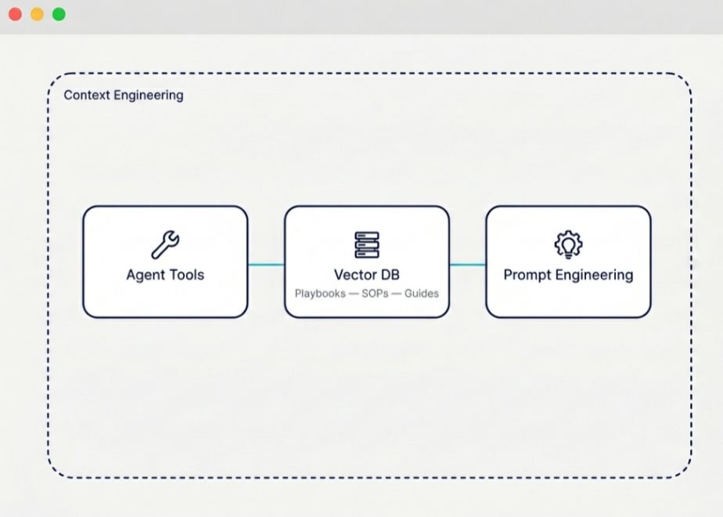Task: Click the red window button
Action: pyautogui.click(x=15, y=14)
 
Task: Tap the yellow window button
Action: pyautogui.click(x=37, y=14)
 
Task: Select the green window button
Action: pyautogui.click(x=59, y=14)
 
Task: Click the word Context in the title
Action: pyautogui.click(x=87, y=95)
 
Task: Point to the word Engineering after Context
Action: pyautogui.click(x=149, y=96)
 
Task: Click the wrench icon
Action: pyautogui.click(x=166, y=244)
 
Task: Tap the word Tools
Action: pyautogui.click(x=185, y=275)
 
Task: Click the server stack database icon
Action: pyautogui.click(x=367, y=244)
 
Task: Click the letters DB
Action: pyautogui.click(x=390, y=275)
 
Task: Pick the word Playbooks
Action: pyautogui.click(x=320, y=294)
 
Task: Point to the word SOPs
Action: pyautogui.click(x=375, y=294)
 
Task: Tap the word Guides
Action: pyautogui.click(x=422, y=294)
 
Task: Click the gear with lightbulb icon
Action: pyautogui.click(x=568, y=244)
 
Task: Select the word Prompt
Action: pyautogui.click(x=527, y=275)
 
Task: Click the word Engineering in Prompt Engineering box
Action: pyautogui.click(x=595, y=276)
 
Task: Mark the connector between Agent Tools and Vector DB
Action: pyautogui.click(x=266, y=265)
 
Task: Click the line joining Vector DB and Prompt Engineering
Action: pyautogui.click(x=468, y=265)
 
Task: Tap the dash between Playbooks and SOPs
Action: pyautogui.click(x=354, y=294)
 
